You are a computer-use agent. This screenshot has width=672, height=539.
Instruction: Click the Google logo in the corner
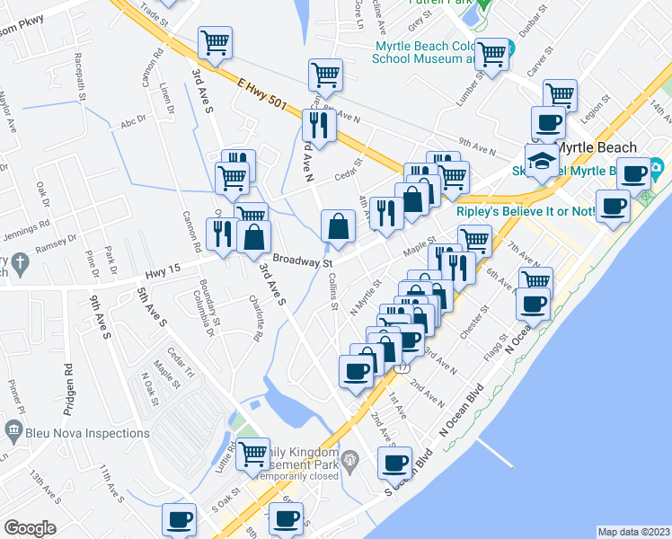click(30, 528)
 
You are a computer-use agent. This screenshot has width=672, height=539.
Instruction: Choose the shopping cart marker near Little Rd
click(253, 453)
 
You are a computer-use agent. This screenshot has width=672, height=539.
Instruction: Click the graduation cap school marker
click(542, 161)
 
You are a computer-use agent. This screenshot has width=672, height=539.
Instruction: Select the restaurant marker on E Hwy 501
click(321, 124)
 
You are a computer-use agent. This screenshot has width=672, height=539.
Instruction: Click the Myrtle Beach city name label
click(597, 147)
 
